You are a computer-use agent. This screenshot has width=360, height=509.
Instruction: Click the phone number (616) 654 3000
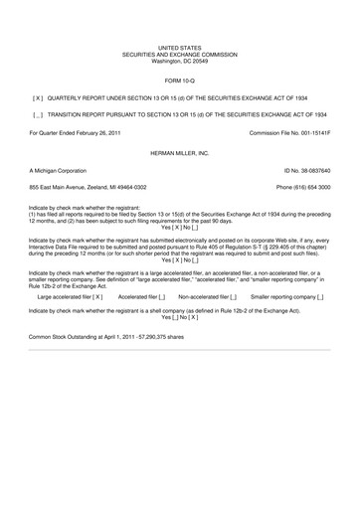[309, 188]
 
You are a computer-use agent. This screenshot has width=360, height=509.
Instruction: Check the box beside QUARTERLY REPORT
[38, 98]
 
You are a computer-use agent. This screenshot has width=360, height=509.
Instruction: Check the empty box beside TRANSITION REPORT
[38, 115]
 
